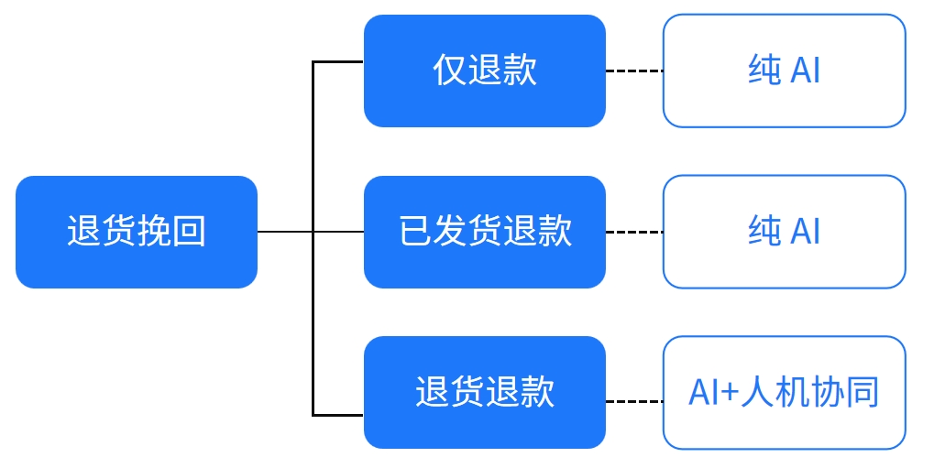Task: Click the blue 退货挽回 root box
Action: pyautogui.click(x=137, y=232)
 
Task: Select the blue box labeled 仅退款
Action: pyautogui.click(x=484, y=71)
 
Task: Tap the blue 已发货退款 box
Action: pyautogui.click(x=484, y=232)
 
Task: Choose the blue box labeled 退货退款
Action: pyautogui.click(x=484, y=392)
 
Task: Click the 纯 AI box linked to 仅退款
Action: pyautogui.click(x=784, y=71)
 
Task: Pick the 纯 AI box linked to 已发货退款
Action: pyautogui.click(x=784, y=232)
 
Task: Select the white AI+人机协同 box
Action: pyautogui.click(x=784, y=392)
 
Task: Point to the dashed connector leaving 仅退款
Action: pyautogui.click(x=634, y=71)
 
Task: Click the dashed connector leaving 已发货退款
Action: pyautogui.click(x=634, y=232)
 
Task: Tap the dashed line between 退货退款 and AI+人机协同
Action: pyautogui.click(x=634, y=401)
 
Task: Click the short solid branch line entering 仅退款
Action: pyautogui.click(x=338, y=62)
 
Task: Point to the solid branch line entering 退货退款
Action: pyautogui.click(x=338, y=415)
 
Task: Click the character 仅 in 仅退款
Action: pyautogui.click(x=449, y=71)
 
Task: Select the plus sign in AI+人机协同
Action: pyautogui.click(x=729, y=393)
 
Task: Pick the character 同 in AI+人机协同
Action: pyautogui.click(x=863, y=392)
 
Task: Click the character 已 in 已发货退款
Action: pyautogui.click(x=415, y=232)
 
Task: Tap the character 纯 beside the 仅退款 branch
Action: pyautogui.click(x=764, y=71)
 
